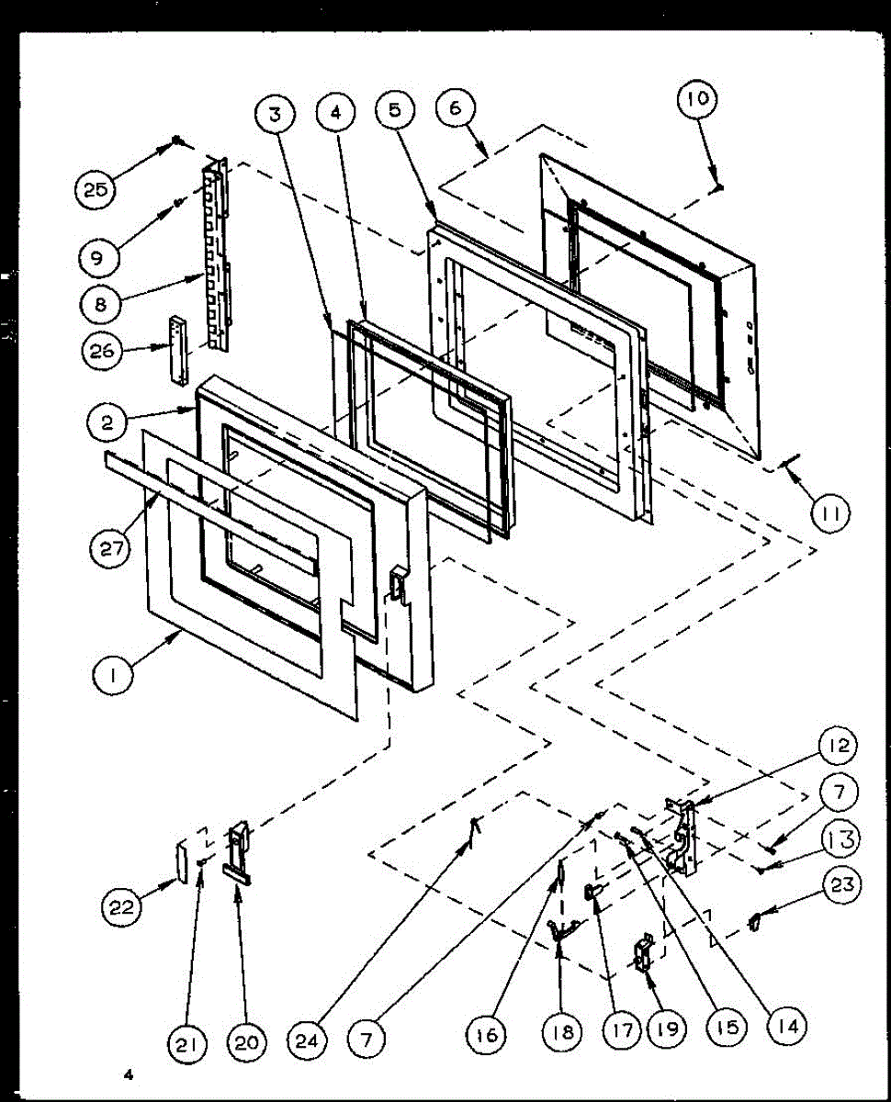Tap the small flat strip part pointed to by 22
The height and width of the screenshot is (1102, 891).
coord(183,860)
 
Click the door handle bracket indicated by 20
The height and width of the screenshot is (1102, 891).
coord(239,852)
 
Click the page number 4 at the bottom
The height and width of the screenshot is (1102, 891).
coord(131,1072)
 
